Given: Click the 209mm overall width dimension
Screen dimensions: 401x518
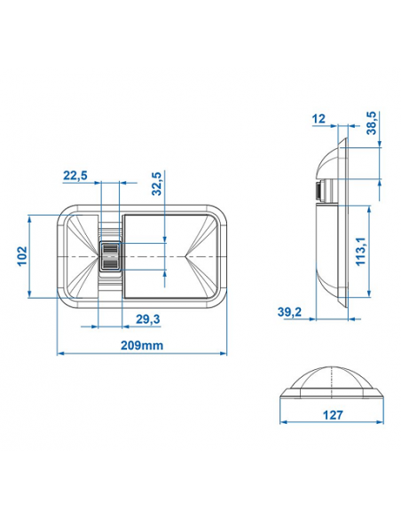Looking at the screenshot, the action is pos(142,346).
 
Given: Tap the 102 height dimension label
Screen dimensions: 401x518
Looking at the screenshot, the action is pos(22,256).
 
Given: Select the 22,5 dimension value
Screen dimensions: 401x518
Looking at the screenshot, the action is pos(75,176).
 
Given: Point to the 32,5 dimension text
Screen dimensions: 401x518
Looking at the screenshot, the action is pos(157,184).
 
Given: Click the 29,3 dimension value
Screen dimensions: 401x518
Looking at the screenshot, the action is pos(148,319).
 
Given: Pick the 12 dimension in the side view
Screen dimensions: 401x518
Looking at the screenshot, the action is pos(318,119).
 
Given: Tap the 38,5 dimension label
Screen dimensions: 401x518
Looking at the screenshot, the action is pos(372,123).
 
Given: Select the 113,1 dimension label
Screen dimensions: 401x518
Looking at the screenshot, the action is pos(361,251).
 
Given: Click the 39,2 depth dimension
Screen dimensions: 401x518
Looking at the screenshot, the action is pos(289,311).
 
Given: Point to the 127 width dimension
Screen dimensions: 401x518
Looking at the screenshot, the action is pos(333,415).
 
